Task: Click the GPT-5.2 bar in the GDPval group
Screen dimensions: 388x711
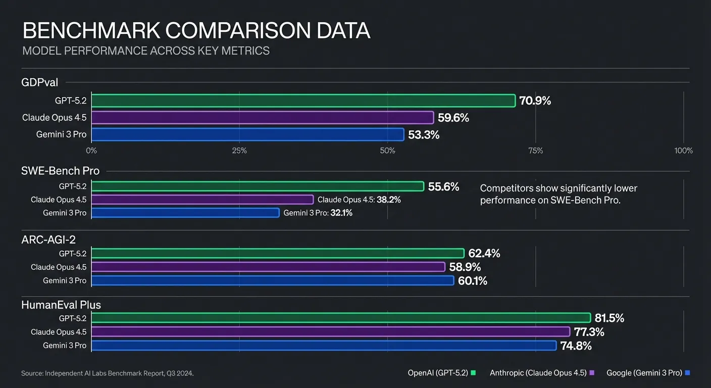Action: pos(303,101)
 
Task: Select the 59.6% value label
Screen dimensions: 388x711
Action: pos(453,118)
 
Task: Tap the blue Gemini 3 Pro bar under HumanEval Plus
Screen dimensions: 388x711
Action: pos(323,346)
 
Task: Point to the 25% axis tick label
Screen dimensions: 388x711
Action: pos(239,151)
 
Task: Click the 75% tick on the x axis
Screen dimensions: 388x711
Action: pos(535,151)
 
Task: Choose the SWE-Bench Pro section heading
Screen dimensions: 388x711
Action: pos(61,171)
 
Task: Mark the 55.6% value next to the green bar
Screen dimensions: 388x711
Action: pos(443,186)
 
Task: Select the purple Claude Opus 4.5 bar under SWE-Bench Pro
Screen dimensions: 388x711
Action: pos(202,200)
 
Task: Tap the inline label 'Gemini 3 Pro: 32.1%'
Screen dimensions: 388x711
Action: pos(318,213)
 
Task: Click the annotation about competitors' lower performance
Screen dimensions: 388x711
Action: pos(558,194)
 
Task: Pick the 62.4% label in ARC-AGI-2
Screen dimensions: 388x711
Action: pos(484,253)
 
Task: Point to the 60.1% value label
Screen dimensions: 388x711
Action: pos(472,280)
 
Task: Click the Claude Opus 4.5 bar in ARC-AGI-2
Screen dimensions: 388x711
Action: pos(268,267)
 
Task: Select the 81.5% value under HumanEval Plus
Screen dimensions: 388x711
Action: pos(609,318)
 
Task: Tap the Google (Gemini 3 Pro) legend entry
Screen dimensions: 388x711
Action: pos(644,373)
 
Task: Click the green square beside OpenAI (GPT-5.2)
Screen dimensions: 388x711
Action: pos(474,373)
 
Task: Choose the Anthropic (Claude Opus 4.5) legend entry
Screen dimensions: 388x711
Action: pos(538,373)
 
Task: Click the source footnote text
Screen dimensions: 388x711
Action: pos(108,373)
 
